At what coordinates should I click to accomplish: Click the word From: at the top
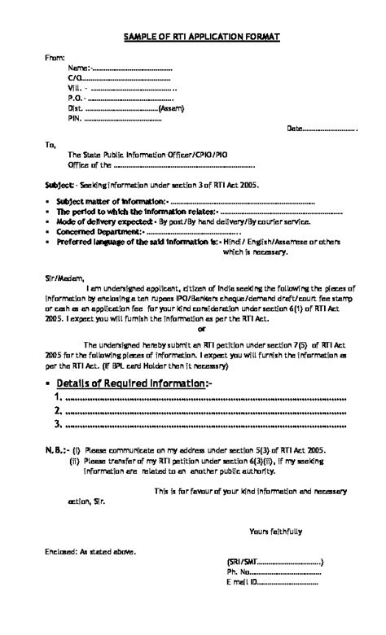pos(54,57)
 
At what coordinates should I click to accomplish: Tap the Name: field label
pos(80,68)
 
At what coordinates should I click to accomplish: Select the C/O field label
pos(75,77)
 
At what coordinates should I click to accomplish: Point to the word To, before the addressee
pos(50,145)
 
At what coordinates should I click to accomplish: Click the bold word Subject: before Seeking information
pos(60,186)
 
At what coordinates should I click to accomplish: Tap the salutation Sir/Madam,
pos(64,277)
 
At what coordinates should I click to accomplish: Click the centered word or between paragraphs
pos(202,330)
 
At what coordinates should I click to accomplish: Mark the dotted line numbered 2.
pos(204,411)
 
